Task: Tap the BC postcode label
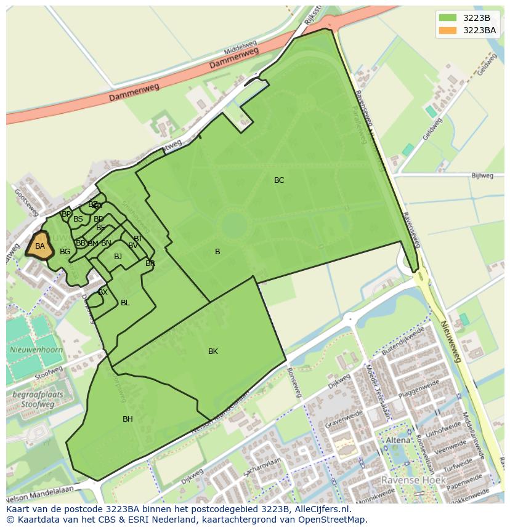(279, 180)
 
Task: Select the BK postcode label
(213, 351)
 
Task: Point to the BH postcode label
(127, 419)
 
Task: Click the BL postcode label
(125, 303)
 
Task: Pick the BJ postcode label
(118, 257)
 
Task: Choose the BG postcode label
(65, 252)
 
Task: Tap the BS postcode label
(78, 219)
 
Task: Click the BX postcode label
(103, 292)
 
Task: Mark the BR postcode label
(150, 263)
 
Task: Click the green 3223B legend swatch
(448, 18)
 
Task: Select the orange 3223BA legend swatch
(448, 30)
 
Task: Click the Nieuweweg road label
(453, 344)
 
